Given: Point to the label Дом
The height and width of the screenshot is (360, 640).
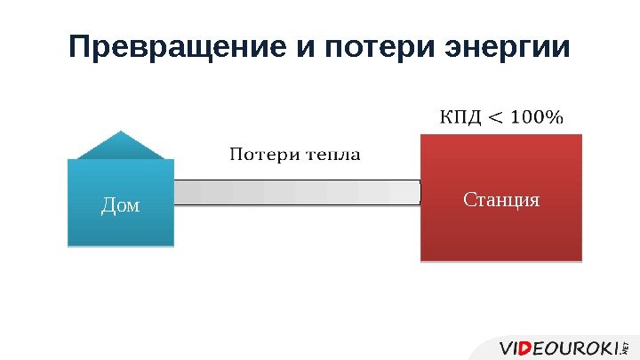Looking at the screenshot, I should pos(121,205).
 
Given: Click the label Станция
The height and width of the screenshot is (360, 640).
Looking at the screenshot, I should pos(501,199).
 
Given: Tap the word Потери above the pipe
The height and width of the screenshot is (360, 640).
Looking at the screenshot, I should pos(264,155).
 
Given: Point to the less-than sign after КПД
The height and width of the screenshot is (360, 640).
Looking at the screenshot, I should pos(496,118).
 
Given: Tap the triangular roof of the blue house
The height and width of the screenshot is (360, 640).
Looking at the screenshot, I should pos(121,146).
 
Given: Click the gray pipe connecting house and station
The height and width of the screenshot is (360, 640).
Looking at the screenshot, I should pos(297,192).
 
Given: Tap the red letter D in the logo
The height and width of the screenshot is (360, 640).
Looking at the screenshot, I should pos(527,346).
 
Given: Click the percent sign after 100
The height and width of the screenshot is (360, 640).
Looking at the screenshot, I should pos(555,118).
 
